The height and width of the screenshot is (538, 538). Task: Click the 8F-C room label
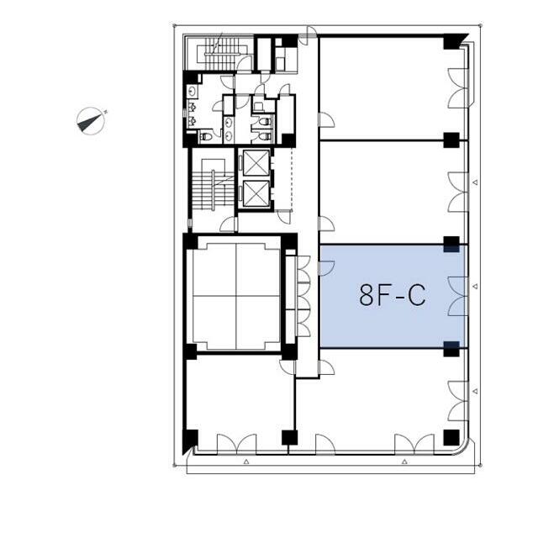click(x=393, y=295)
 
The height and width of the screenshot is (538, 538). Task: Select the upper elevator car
click(x=256, y=163)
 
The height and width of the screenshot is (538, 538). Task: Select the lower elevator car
click(x=256, y=193)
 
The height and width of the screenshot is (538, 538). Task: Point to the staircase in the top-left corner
click(x=222, y=54)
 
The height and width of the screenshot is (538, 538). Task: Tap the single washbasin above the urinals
click(x=193, y=92)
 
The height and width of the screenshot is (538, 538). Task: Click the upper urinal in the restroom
click(x=193, y=107)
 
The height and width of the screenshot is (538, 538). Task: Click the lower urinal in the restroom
click(x=193, y=121)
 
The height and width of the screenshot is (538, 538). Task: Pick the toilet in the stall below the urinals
click(x=206, y=136)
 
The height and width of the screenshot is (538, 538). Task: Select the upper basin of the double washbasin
click(x=229, y=123)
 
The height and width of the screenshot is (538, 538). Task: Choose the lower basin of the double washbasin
click(x=229, y=136)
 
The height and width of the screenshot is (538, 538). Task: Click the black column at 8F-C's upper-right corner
click(x=451, y=244)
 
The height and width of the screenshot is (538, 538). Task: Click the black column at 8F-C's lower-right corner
click(x=451, y=349)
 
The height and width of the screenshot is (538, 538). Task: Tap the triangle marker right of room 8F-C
click(x=475, y=286)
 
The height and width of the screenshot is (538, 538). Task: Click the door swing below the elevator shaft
click(x=284, y=217)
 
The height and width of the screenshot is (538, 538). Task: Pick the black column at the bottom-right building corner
click(x=451, y=437)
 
